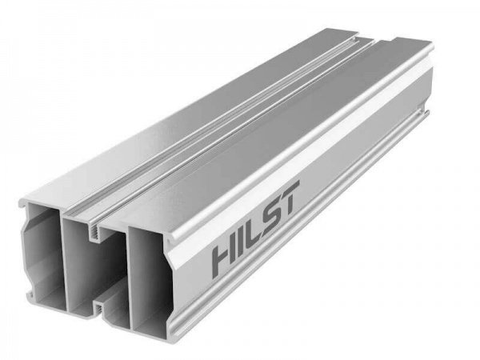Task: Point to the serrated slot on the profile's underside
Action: pos(98,307)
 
